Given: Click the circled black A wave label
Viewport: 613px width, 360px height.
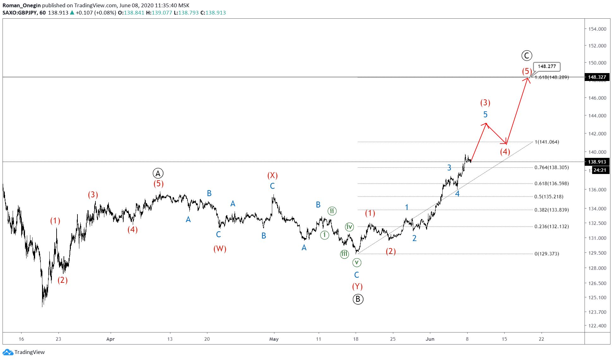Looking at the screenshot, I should tap(158, 173).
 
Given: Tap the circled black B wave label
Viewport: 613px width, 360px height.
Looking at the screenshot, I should tap(358, 299).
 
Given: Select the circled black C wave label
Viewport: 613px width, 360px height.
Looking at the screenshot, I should tap(527, 56).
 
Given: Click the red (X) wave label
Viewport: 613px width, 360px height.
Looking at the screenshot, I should tap(273, 175).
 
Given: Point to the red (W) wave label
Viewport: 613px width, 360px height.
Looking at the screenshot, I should tap(220, 249).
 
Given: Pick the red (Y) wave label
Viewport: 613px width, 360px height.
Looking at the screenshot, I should tap(357, 286).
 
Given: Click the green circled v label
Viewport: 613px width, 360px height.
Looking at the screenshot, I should tap(357, 262).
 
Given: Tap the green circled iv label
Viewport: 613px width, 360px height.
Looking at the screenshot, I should tap(349, 227).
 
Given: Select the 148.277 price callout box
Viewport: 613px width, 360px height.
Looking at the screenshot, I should tap(547, 66).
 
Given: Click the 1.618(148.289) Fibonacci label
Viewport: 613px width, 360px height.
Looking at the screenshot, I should tap(552, 77).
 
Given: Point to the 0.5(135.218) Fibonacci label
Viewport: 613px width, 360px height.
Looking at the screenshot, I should tap(549, 196).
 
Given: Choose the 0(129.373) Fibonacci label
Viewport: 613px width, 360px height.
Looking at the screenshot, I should tap(547, 254).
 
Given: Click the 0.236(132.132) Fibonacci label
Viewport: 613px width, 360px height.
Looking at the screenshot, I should tap(552, 227).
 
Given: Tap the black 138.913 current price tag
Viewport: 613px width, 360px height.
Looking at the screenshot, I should tap(597, 162).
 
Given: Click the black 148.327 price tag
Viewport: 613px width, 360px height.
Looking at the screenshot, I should tap(597, 77).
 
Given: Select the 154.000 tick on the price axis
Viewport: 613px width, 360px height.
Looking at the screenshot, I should tap(597, 29).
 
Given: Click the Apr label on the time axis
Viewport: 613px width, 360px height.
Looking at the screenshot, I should tap(110, 339).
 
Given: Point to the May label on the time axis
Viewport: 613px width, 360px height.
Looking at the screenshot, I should tap(274, 339).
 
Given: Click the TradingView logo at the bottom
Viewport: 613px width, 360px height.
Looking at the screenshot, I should tap(24, 352).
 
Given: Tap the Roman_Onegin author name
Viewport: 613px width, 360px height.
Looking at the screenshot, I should tap(21, 5).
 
